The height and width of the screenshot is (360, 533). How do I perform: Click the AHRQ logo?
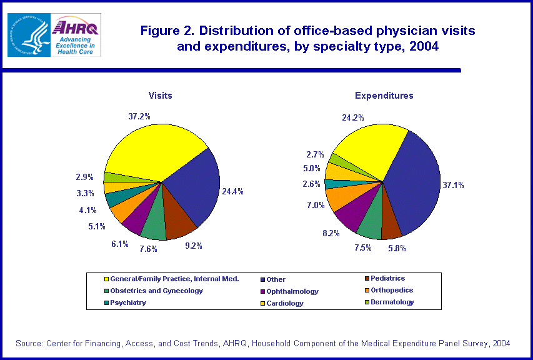(x=76, y=34)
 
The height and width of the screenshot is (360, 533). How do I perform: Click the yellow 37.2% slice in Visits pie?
(x=153, y=150)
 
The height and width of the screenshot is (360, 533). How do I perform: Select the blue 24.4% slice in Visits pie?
(x=194, y=187)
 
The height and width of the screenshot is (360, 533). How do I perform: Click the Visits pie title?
(x=161, y=96)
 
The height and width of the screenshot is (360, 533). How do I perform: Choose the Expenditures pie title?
(x=384, y=96)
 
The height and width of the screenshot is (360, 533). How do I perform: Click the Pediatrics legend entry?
(x=387, y=279)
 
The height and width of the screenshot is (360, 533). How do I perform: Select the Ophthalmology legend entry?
(x=292, y=291)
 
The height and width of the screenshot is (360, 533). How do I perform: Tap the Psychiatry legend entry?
(x=128, y=302)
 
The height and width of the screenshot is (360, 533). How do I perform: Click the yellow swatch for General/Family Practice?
(x=107, y=279)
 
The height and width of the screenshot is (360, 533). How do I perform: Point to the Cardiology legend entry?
(x=284, y=303)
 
